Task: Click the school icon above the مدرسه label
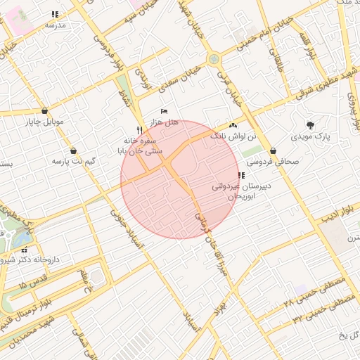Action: tap(56, 14)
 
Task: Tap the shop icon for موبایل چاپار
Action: tap(45, 110)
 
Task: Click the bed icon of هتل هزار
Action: tap(164, 112)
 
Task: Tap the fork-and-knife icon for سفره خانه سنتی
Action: tap(140, 130)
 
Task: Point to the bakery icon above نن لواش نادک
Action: tap(233, 124)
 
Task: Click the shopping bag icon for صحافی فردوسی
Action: tap(273, 150)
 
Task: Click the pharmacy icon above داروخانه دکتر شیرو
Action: tap(25, 250)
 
